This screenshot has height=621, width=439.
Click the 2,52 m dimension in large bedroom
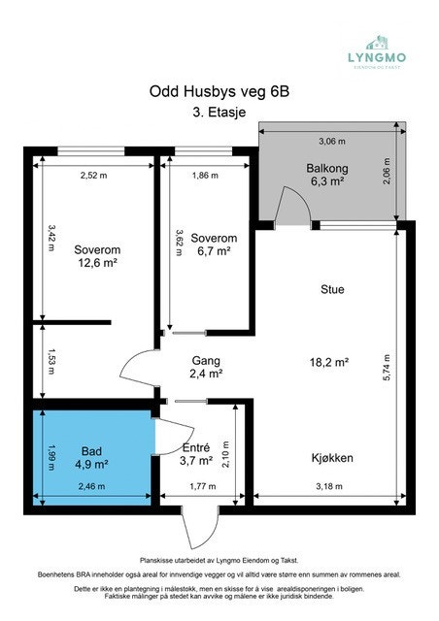pyautogui.click(x=94, y=176)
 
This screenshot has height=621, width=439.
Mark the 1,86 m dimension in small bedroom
pyautogui.click(x=205, y=176)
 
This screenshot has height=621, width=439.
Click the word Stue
pyautogui.click(x=332, y=289)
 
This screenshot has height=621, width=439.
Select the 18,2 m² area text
pyautogui.click(x=328, y=362)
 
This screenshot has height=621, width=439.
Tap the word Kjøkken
pyautogui.click(x=332, y=457)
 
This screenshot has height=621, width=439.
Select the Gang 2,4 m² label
pyautogui.click(x=205, y=367)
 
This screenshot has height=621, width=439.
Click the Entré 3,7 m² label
pyautogui.click(x=200, y=452)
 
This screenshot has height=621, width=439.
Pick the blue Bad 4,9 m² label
pyautogui.click(x=93, y=457)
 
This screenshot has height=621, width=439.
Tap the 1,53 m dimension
pyautogui.click(x=51, y=361)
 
